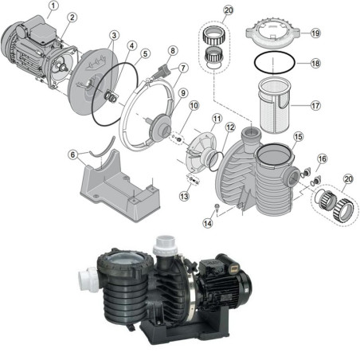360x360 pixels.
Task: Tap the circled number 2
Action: (72, 16)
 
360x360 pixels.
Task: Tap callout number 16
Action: (322, 159)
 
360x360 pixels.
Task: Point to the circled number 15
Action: (299, 137)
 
